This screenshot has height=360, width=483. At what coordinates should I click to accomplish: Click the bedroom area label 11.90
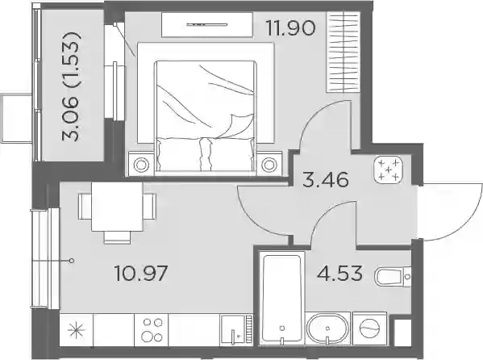291,27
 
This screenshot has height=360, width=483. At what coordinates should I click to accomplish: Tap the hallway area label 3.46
326,180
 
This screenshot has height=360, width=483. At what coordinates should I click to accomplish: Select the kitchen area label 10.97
141,273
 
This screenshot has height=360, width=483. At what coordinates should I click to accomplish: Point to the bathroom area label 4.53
339,273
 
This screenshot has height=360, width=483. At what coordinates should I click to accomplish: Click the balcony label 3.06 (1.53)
72,86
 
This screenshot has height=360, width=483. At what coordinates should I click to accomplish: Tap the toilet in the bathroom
393,277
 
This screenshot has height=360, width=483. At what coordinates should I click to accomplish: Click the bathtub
282,298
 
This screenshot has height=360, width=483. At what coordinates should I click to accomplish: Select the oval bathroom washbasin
327,329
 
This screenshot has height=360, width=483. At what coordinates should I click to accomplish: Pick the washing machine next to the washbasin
369,329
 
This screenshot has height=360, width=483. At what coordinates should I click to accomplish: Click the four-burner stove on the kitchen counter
152,330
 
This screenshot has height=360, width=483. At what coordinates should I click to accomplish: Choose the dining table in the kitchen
117,207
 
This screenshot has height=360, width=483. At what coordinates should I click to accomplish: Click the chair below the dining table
117,237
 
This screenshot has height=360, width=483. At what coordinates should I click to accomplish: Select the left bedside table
141,164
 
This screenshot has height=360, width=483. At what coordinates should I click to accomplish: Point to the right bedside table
269,164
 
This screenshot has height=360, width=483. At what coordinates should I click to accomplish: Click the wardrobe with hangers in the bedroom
344,52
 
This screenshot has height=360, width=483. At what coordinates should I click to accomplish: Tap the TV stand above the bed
207,25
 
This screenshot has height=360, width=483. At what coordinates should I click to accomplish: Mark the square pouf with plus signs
389,170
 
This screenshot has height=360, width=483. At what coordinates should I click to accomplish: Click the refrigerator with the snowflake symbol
77,330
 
